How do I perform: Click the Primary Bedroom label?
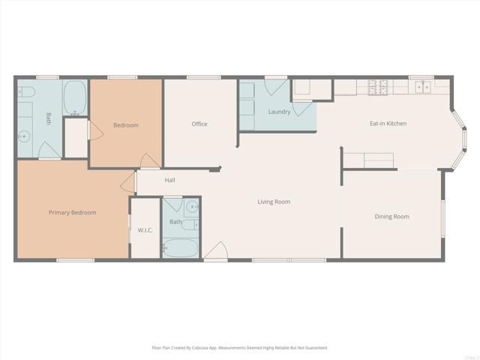point(72,212)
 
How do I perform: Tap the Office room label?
point(199,124)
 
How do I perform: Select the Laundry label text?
point(279,112)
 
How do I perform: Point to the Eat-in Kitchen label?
point(388,123)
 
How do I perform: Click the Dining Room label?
point(391,216)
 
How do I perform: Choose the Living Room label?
point(274,201)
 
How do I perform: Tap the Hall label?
point(170,180)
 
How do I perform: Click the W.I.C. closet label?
point(145,229)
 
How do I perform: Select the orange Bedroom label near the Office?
point(125,125)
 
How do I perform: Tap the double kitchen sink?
point(423,86)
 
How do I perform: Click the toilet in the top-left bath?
point(27,92)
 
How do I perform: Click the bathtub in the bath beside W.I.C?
point(181,247)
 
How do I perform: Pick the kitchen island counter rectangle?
point(378,159)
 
